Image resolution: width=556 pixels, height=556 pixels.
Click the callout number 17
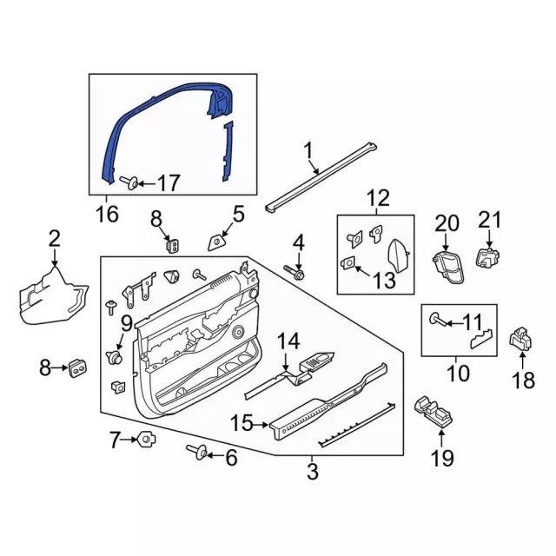click(x=169, y=183)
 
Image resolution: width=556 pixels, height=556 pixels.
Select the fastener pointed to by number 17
click(x=129, y=182)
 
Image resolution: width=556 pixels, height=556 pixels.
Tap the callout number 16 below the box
click(x=108, y=214)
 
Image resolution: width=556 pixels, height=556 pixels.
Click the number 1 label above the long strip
click(x=308, y=150)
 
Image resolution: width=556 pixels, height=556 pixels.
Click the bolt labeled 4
click(x=295, y=272)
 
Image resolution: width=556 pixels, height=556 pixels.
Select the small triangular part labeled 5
click(x=217, y=243)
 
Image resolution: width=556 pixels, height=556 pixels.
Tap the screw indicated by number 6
click(x=197, y=451)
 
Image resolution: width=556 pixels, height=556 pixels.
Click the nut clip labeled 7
click(x=146, y=440)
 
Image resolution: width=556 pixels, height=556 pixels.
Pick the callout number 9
click(x=127, y=323)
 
